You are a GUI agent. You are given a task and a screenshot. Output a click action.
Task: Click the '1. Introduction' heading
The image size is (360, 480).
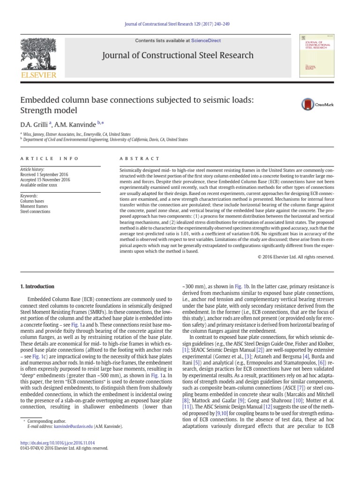click(x=37, y=286)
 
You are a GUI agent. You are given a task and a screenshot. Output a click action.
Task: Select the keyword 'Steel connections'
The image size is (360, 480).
click(x=35, y=211)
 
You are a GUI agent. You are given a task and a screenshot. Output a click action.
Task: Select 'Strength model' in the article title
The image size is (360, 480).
click(x=48, y=111)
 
